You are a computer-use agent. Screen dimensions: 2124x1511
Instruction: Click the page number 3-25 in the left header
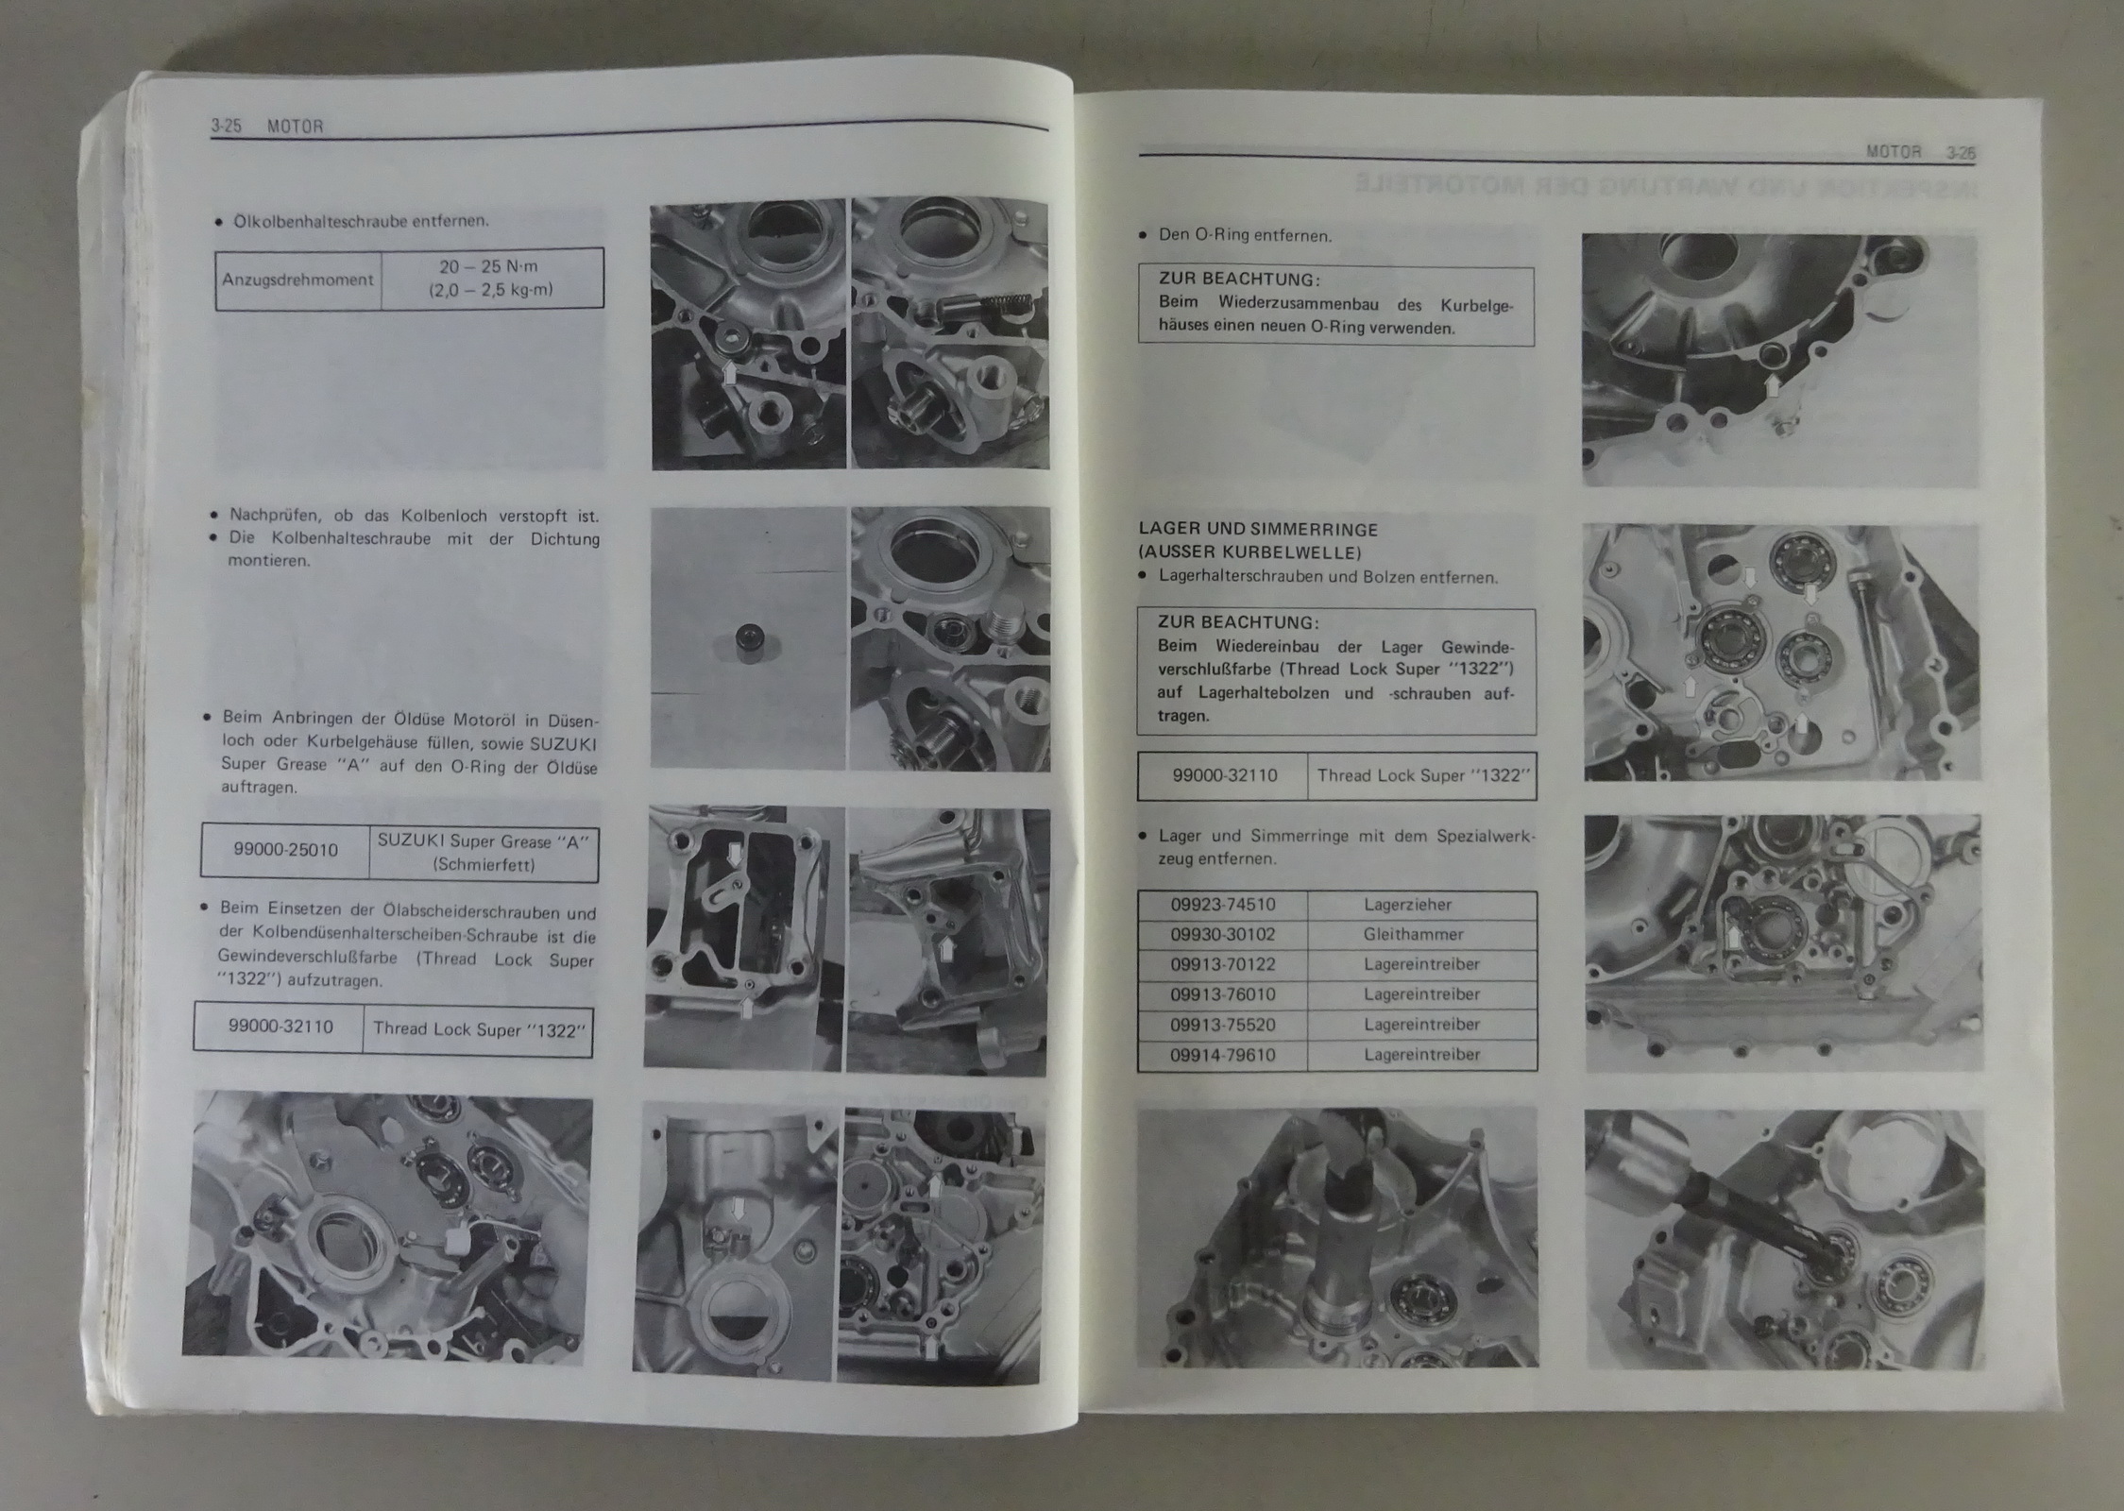tap(226, 126)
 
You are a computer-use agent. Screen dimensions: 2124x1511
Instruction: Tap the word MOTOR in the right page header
tap(1894, 151)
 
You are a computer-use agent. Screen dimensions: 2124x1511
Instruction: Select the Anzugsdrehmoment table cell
tap(297, 280)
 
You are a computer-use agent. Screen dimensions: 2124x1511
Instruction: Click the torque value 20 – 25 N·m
tap(488, 267)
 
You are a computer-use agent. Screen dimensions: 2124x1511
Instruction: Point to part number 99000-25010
tap(285, 849)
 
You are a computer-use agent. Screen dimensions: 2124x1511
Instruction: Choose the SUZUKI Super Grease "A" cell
tap(484, 852)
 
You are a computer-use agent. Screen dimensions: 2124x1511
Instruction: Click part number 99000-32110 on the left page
tap(280, 1027)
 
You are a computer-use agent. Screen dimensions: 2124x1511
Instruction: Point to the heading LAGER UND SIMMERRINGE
tap(1258, 530)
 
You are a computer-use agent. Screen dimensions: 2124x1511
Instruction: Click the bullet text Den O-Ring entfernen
tap(1245, 235)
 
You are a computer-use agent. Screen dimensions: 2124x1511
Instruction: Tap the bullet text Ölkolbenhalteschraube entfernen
tap(361, 221)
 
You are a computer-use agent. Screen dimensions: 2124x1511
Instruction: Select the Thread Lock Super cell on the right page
tap(1421, 775)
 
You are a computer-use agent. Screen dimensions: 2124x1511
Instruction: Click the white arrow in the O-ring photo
tap(1772, 385)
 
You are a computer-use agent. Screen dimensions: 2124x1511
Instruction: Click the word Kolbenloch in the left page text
tap(444, 517)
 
